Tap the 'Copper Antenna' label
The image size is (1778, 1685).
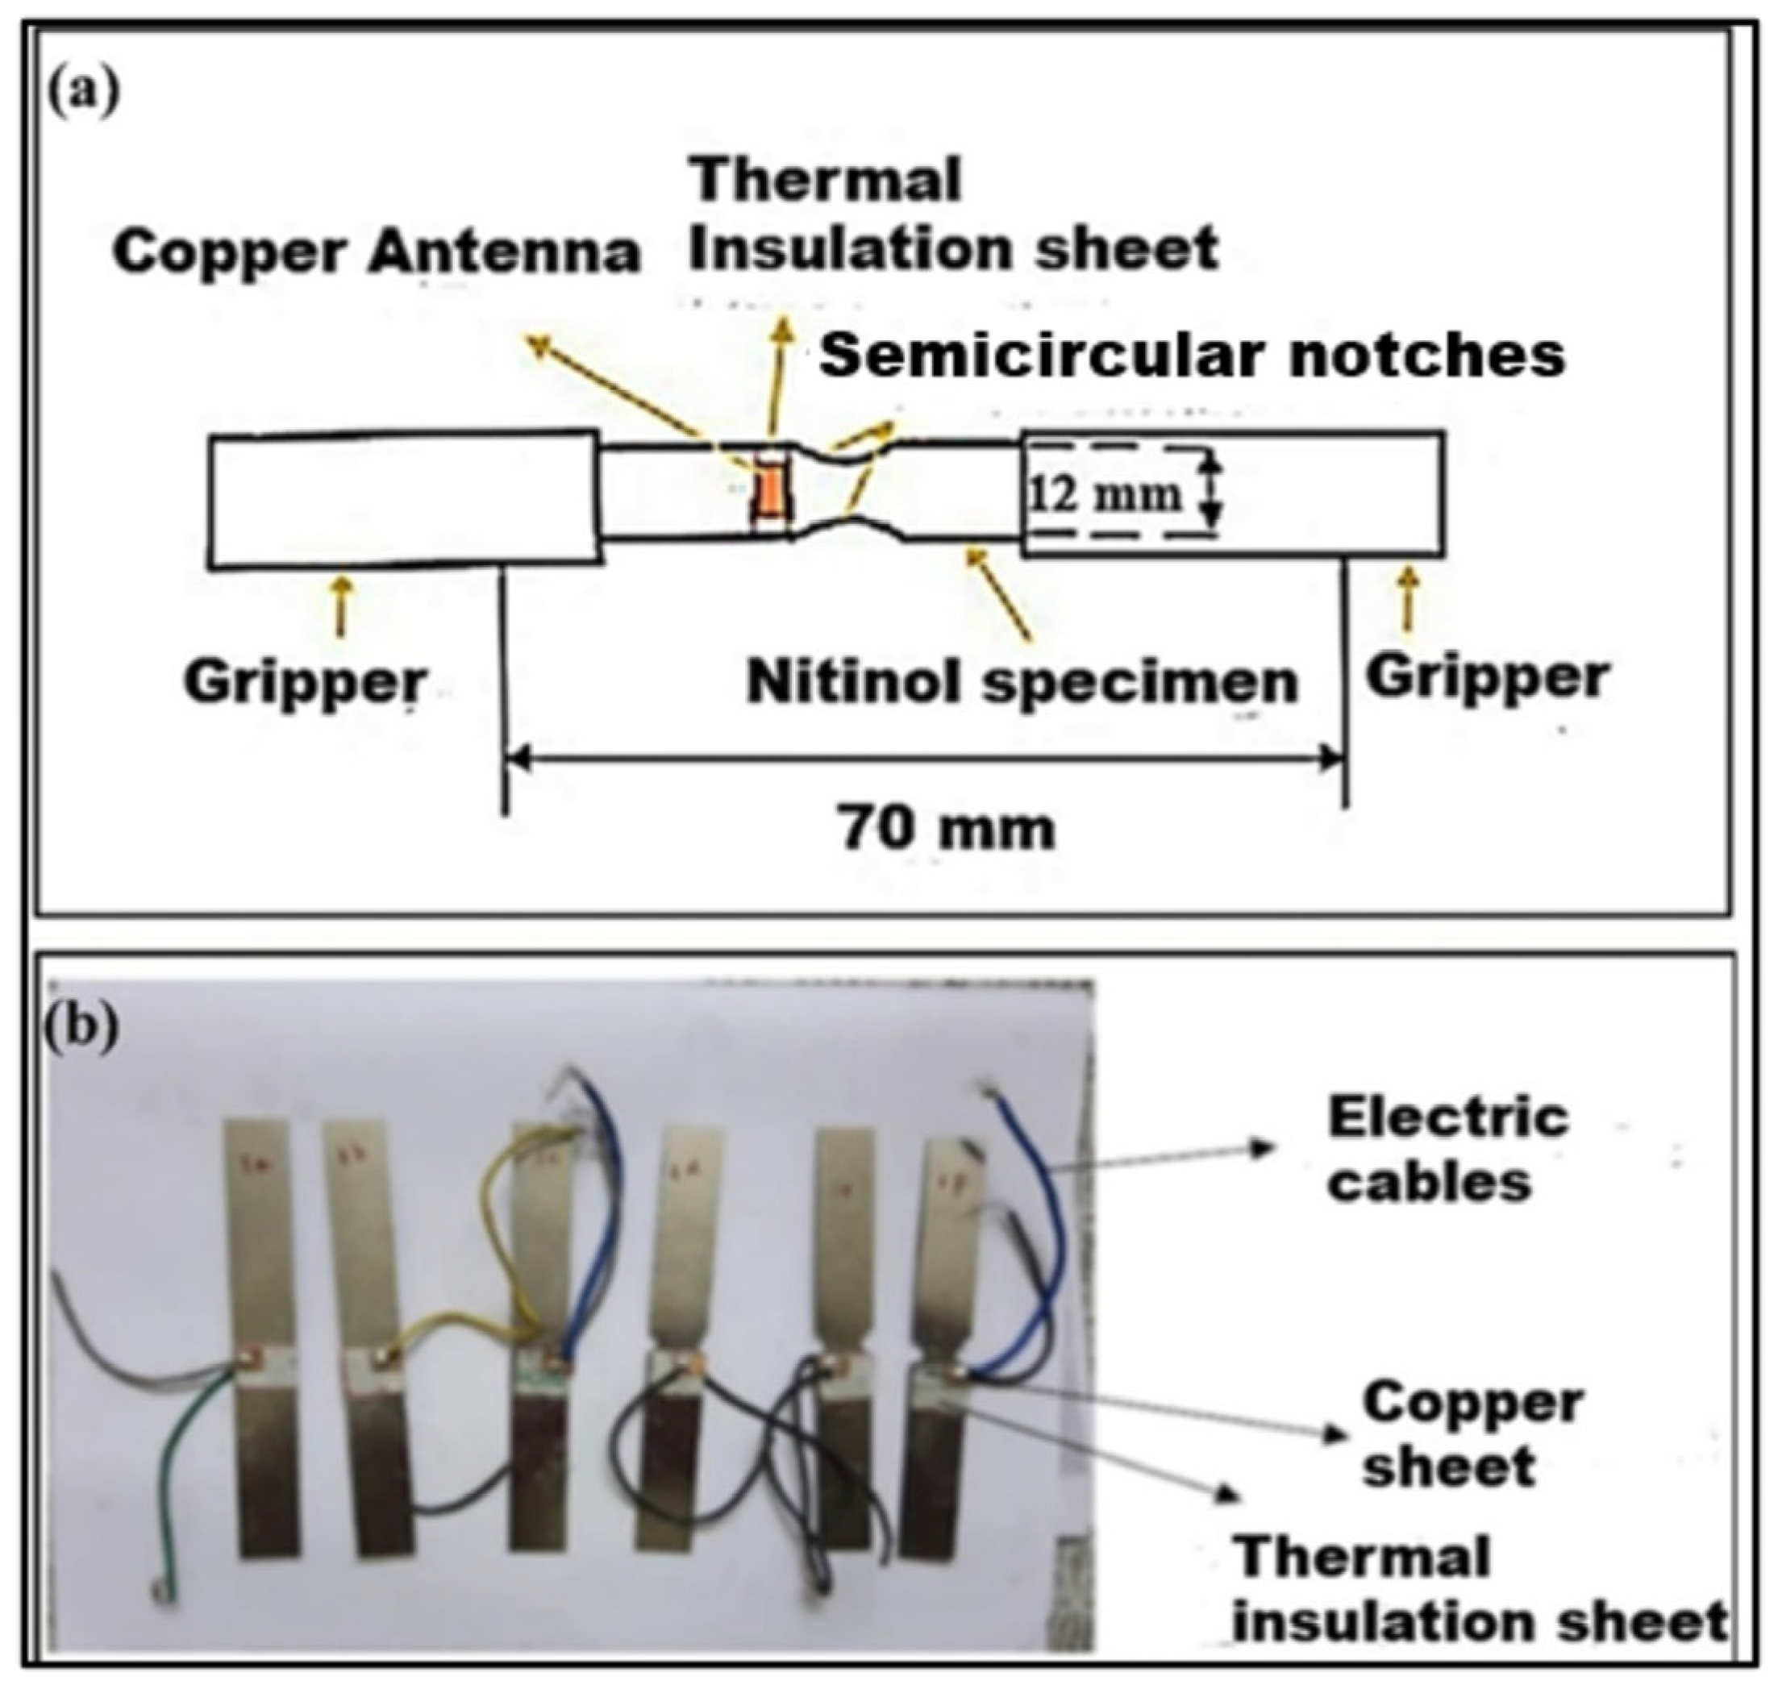[376, 252]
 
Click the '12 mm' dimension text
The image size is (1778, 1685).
[1104, 495]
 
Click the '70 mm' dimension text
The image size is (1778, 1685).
[947, 828]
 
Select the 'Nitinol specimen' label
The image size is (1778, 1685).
[1022, 683]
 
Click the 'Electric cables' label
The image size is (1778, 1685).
[1447, 1150]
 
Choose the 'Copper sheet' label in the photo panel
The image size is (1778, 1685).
[1472, 1434]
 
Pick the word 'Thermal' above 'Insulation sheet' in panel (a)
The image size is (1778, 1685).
[826, 179]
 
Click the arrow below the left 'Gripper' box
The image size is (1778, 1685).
[339, 606]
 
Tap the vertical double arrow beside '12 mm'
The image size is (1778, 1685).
[1212, 489]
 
